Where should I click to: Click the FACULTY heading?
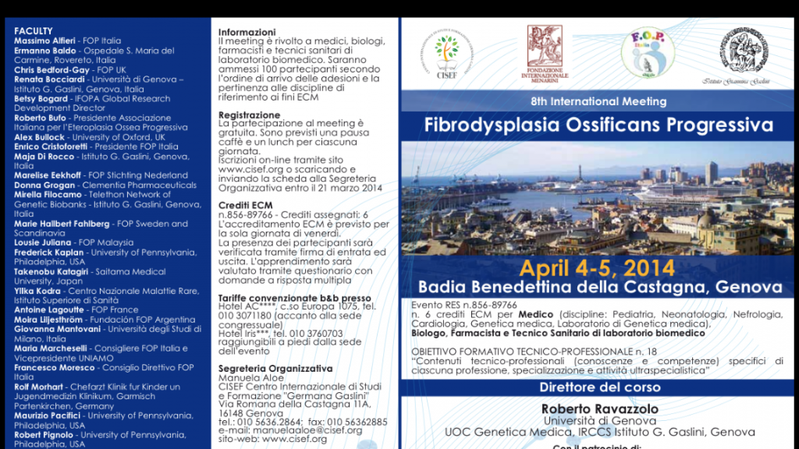tap(34, 31)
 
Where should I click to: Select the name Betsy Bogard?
tap(41, 99)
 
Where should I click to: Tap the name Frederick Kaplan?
tap(48, 253)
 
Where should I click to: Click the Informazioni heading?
tap(243, 32)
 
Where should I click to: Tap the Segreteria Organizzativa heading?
tap(275, 369)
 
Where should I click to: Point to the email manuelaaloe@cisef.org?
tap(318, 430)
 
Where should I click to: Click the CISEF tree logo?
tap(447, 52)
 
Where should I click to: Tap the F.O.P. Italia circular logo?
tap(648, 53)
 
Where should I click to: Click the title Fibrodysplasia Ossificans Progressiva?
tap(598, 125)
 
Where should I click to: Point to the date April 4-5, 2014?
tap(598, 269)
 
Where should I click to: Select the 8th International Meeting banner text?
tap(598, 102)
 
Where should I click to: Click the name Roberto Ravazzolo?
tap(599, 409)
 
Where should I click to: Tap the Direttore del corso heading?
tap(598, 387)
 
